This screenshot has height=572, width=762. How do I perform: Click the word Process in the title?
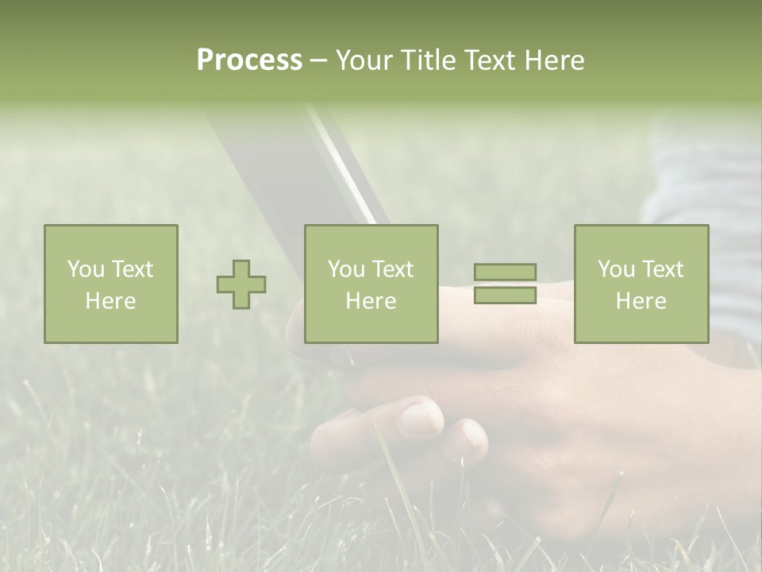pyautogui.click(x=249, y=60)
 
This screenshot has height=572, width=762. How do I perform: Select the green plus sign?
pyautogui.click(x=241, y=284)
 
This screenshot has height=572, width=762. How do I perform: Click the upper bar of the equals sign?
pyautogui.click(x=505, y=272)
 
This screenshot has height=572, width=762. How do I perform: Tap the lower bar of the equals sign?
pyautogui.click(x=505, y=296)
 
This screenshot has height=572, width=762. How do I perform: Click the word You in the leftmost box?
pyautogui.click(x=85, y=269)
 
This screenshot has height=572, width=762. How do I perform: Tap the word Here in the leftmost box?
pyautogui.click(x=110, y=301)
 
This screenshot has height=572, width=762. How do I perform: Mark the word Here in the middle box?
pyautogui.click(x=371, y=301)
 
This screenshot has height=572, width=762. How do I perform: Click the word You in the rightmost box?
pyautogui.click(x=615, y=269)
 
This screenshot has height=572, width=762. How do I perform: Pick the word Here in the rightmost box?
pyautogui.click(x=641, y=301)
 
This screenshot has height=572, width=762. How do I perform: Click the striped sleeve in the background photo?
pyautogui.click(x=706, y=183)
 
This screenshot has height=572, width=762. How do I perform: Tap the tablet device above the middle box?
pyautogui.click(x=302, y=167)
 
